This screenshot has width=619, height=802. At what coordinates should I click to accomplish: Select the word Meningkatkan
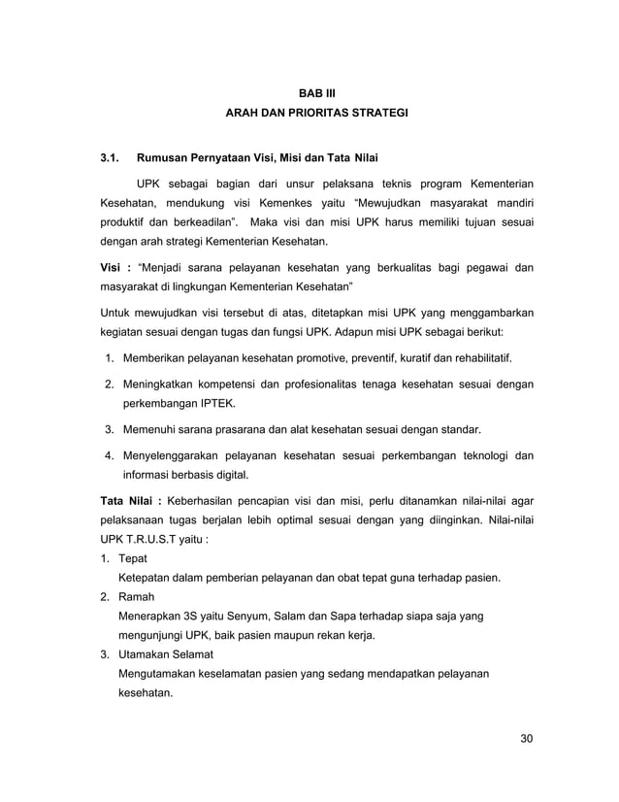164,384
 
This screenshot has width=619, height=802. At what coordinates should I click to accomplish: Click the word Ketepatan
147,579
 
